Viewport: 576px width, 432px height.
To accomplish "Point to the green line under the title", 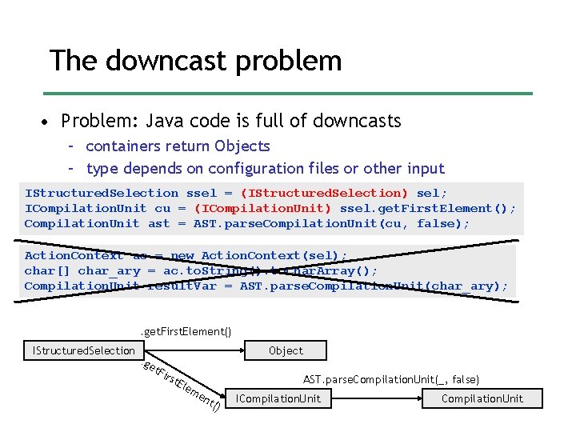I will (x=287, y=94).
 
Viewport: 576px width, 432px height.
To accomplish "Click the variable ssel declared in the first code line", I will (x=202, y=193).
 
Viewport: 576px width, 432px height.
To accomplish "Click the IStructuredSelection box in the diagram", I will (x=83, y=350).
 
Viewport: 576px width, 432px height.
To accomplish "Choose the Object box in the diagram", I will (x=286, y=350).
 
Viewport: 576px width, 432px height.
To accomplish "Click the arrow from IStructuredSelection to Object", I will (x=192, y=350).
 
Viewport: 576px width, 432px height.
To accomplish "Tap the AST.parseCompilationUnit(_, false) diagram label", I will (x=390, y=379).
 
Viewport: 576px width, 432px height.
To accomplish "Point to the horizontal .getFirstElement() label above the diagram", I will (x=186, y=331).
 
